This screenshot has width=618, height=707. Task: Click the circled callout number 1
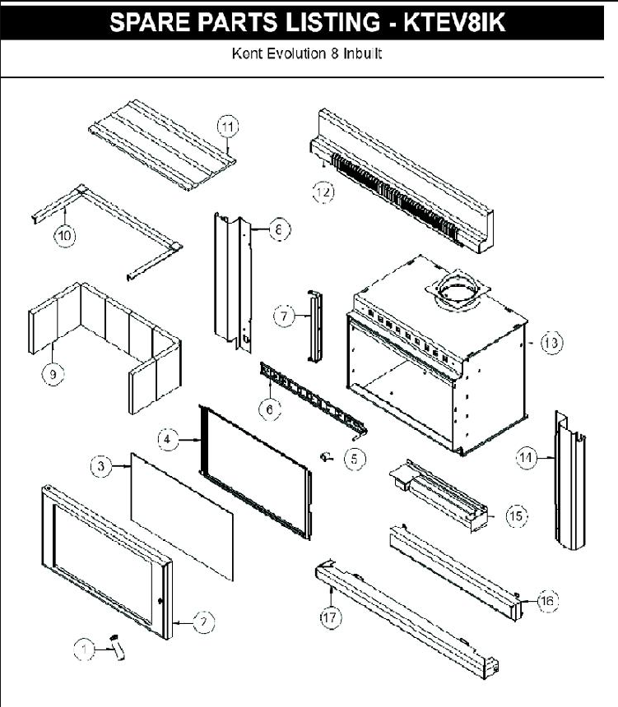pos(83,649)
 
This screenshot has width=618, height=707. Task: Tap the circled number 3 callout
pos(100,466)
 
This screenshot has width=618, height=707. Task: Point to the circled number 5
pos(354,459)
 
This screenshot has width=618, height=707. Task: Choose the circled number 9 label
pos(53,374)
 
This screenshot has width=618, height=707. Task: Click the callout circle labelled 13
pos(551,344)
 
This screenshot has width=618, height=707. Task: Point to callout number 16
pos(546,602)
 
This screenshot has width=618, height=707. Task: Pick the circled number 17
pos(330,619)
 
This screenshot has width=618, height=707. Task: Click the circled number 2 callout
pos(201,622)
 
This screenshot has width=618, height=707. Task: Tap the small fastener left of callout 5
pos(326,456)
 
